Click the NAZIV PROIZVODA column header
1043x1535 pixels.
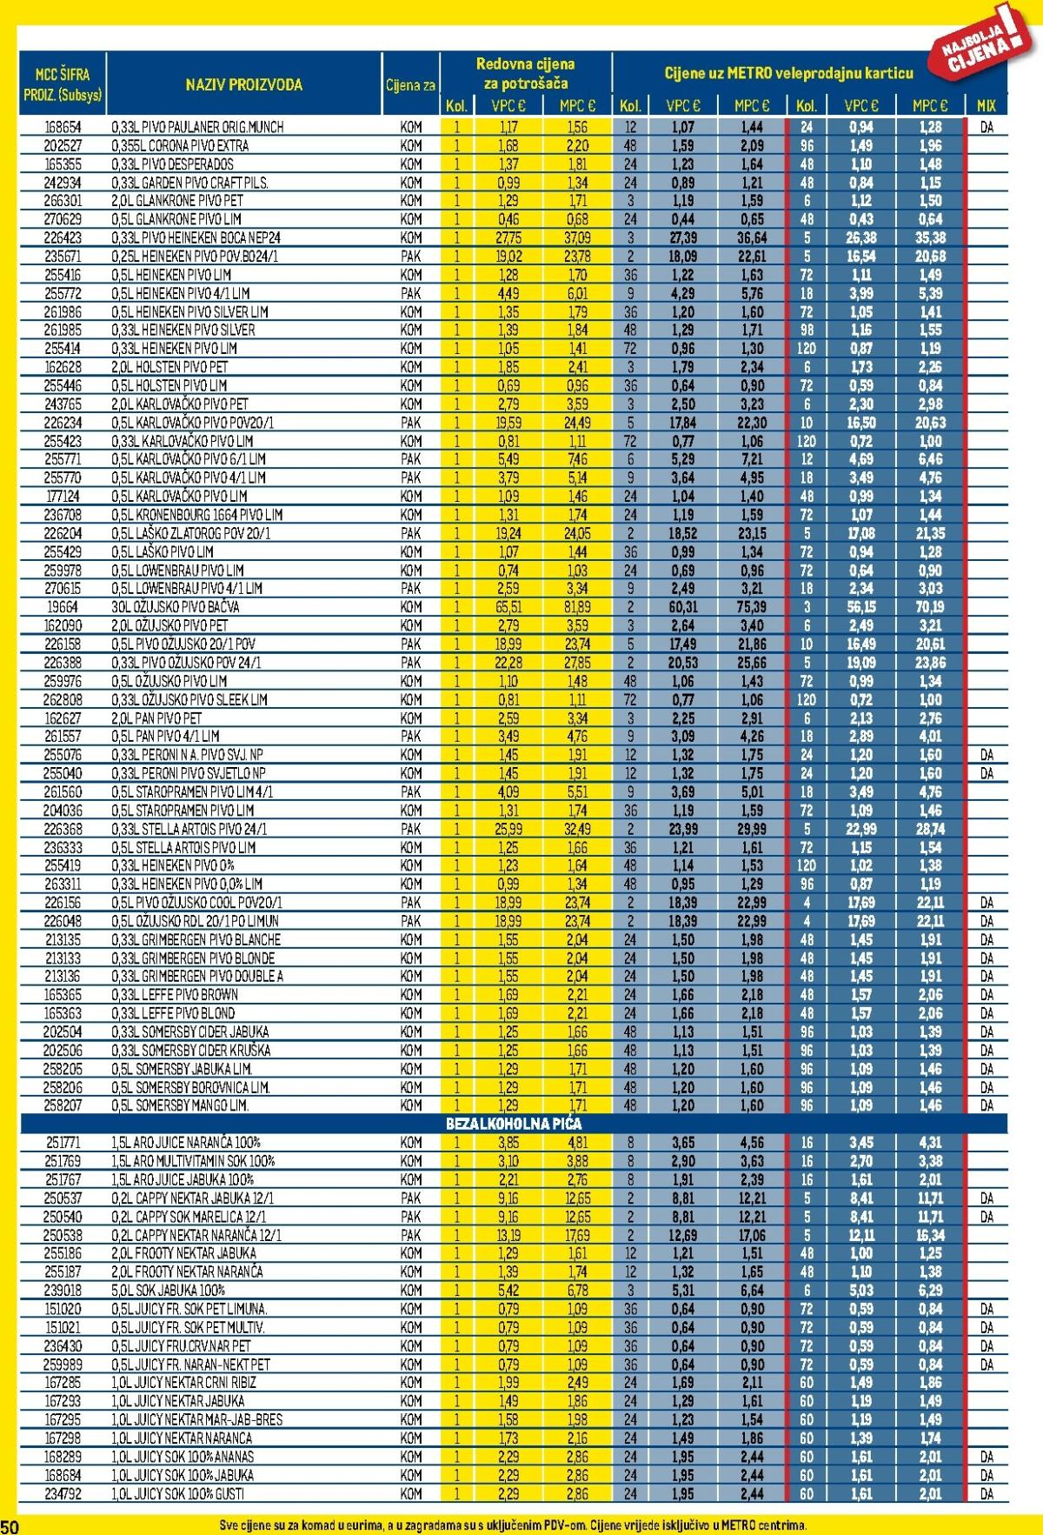(243, 85)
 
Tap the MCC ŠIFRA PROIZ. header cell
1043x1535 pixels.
(62, 84)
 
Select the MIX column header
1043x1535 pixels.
(986, 106)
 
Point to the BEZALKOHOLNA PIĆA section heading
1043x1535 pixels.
(514, 1124)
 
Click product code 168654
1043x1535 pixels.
(62, 127)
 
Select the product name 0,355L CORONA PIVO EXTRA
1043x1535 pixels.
(180, 145)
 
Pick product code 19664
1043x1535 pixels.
(62, 607)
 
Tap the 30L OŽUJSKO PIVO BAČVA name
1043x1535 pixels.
(176, 607)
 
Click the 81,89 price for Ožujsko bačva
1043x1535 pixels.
(576, 607)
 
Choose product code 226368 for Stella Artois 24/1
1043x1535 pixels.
(62, 829)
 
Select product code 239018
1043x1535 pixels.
(62, 1291)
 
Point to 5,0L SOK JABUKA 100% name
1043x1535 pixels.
(168, 1291)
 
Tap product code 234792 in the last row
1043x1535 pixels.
(62, 1494)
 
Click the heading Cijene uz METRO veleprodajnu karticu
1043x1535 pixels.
(788, 74)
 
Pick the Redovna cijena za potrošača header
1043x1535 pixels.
(525, 74)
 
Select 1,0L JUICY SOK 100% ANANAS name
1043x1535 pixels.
(183, 1457)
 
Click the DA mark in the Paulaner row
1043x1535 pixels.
(987, 127)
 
